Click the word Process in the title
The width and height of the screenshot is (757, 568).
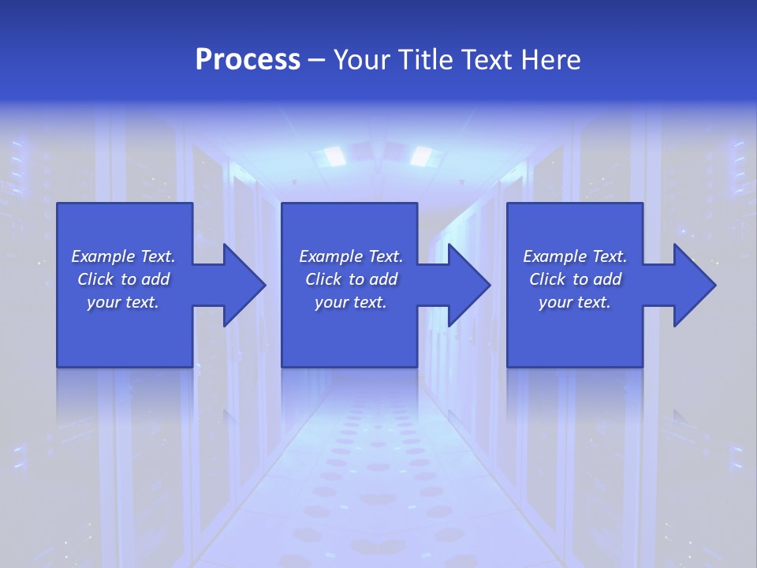248,60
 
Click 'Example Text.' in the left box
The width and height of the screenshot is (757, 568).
123,256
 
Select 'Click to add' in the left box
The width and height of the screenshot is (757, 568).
123,279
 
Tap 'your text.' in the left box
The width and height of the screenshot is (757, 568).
123,302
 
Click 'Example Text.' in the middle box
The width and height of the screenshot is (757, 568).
351,256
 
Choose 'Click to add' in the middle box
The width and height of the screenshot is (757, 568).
351,279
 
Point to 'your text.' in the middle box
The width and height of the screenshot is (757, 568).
351,302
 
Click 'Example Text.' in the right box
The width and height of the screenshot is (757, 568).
575,256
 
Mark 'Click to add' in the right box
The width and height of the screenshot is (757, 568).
575,279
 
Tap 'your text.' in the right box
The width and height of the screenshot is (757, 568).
575,302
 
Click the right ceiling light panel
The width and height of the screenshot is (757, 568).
425,155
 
